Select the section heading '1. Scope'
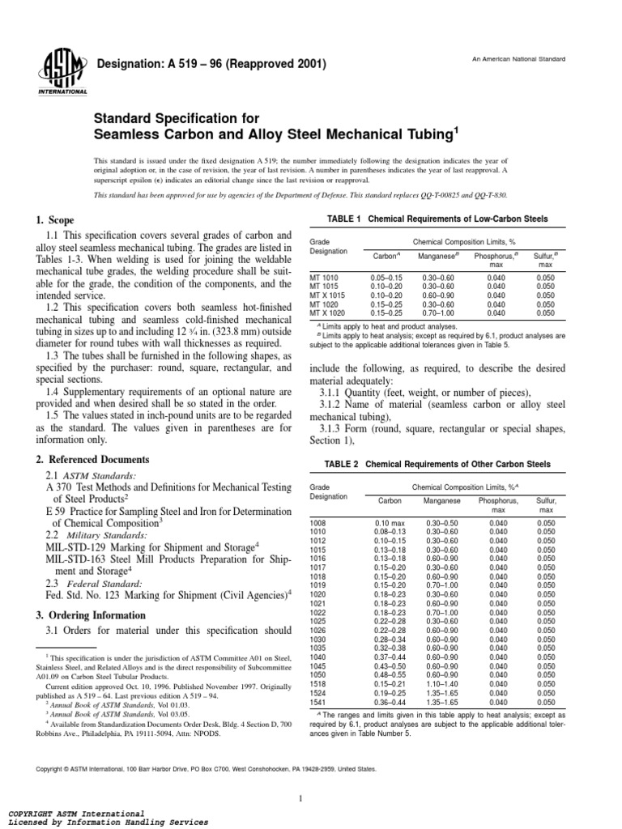pyautogui.click(x=55, y=220)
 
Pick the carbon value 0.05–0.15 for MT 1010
pyautogui.click(x=387, y=278)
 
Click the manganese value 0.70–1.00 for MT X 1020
pyautogui.click(x=438, y=313)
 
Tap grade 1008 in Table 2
pyautogui.click(x=318, y=525)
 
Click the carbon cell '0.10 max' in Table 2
pyautogui.click(x=388, y=525)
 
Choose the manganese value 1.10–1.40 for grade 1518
pyautogui.click(x=438, y=685)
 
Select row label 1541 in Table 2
pyautogui.click(x=318, y=703)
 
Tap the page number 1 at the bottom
pyautogui.click(x=299, y=777)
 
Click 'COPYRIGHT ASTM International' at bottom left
pyautogui.click(x=76, y=812)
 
